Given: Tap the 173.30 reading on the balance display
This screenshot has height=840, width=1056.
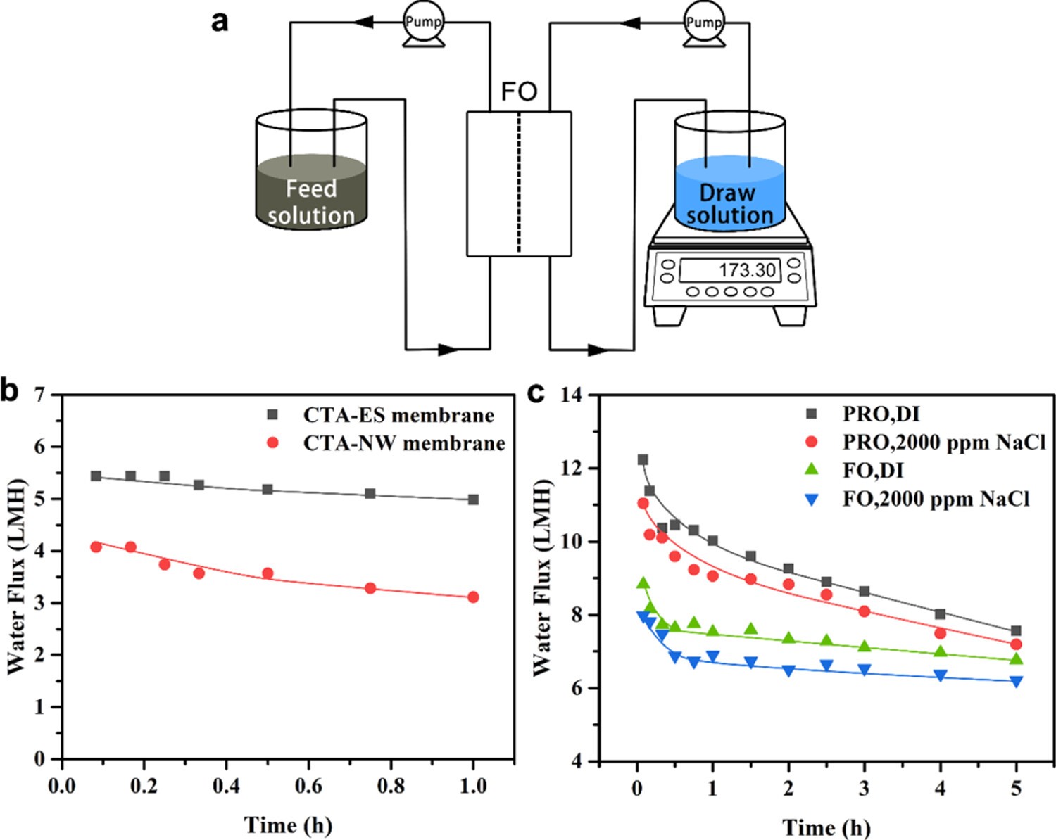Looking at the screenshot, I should pos(746,270).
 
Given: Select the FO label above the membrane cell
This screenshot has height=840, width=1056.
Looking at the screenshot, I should pos(519,92).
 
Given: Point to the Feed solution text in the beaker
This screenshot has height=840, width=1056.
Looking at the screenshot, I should pos(311,202).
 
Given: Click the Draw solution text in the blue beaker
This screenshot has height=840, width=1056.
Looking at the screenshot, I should pos(729,204).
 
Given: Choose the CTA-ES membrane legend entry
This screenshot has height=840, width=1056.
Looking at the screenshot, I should pos(398,415).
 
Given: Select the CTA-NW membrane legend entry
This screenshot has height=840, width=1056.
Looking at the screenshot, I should pos(404,443).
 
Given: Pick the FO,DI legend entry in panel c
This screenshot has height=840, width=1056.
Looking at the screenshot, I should pos(873,470).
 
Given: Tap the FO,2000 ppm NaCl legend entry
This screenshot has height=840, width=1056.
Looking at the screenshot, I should pos(936,499).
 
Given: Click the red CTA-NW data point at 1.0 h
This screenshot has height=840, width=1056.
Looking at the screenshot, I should pos(473,597).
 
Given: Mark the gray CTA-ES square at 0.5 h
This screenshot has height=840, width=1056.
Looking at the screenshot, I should pos(268,489).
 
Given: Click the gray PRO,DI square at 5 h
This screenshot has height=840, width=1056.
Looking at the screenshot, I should pos(1016,631).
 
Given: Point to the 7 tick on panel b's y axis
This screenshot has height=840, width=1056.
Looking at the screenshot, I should pos(39,395).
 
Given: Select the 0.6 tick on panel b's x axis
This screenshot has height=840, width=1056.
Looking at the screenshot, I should pos(308,786).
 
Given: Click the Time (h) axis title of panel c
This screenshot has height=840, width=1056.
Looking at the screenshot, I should pos(826,827).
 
